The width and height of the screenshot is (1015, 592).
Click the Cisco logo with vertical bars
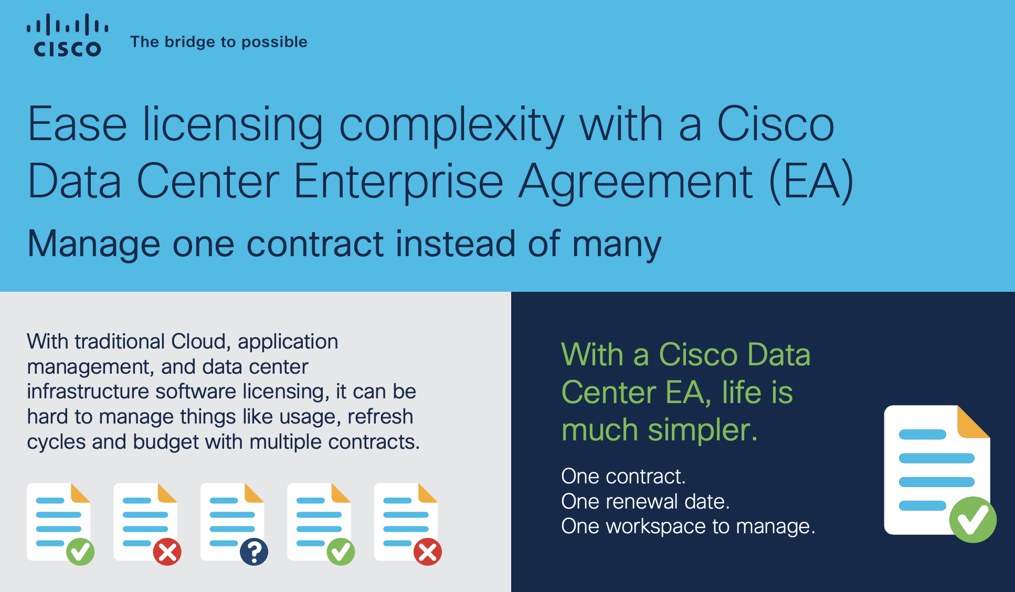coord(68,35)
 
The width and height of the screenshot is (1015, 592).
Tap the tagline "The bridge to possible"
coord(219,41)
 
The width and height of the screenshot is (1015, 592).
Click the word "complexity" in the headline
coord(452,125)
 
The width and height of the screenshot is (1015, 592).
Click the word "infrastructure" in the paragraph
coord(88,392)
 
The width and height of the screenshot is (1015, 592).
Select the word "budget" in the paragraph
coord(166,442)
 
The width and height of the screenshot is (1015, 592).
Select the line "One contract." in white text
coord(623,477)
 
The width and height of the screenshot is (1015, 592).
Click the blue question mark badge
coord(254,552)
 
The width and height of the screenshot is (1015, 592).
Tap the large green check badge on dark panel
coord(972,520)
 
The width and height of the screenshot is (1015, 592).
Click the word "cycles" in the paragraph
coord(56,442)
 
